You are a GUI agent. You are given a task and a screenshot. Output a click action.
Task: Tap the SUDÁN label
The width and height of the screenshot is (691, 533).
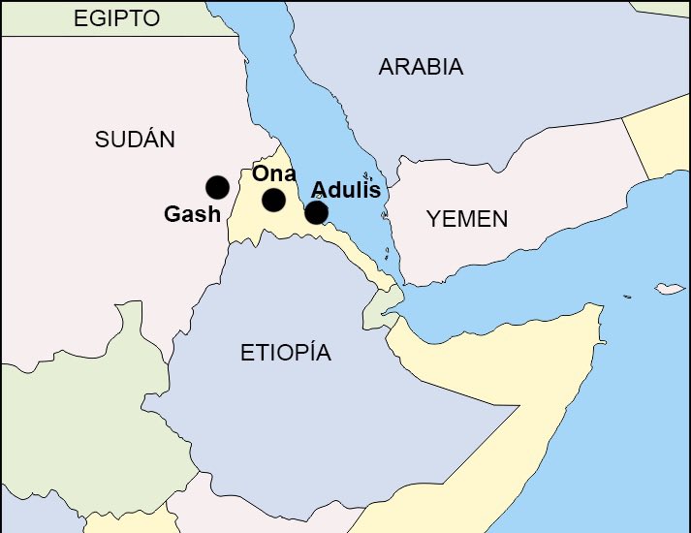[135, 140]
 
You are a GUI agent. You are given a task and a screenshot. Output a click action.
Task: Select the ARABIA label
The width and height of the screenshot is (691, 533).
[421, 67]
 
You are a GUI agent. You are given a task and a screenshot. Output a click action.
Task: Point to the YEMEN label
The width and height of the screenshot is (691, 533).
[467, 219]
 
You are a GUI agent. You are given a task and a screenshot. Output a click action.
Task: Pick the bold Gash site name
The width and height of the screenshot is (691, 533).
[192, 214]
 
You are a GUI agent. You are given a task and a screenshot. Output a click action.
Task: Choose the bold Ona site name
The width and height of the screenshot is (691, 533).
[273, 174]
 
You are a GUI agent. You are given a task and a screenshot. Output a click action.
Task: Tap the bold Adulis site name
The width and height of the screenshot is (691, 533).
[345, 189]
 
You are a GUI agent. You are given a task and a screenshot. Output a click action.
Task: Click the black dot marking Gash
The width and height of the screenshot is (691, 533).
[217, 187]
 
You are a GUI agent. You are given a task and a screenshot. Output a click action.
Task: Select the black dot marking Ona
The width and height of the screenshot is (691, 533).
[273, 200]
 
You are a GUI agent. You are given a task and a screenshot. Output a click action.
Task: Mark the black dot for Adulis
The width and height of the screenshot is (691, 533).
[316, 212]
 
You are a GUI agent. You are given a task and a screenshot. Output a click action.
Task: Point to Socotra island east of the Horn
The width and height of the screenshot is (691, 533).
[668, 289]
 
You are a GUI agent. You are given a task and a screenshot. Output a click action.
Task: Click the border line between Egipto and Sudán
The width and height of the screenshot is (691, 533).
[116, 36]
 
